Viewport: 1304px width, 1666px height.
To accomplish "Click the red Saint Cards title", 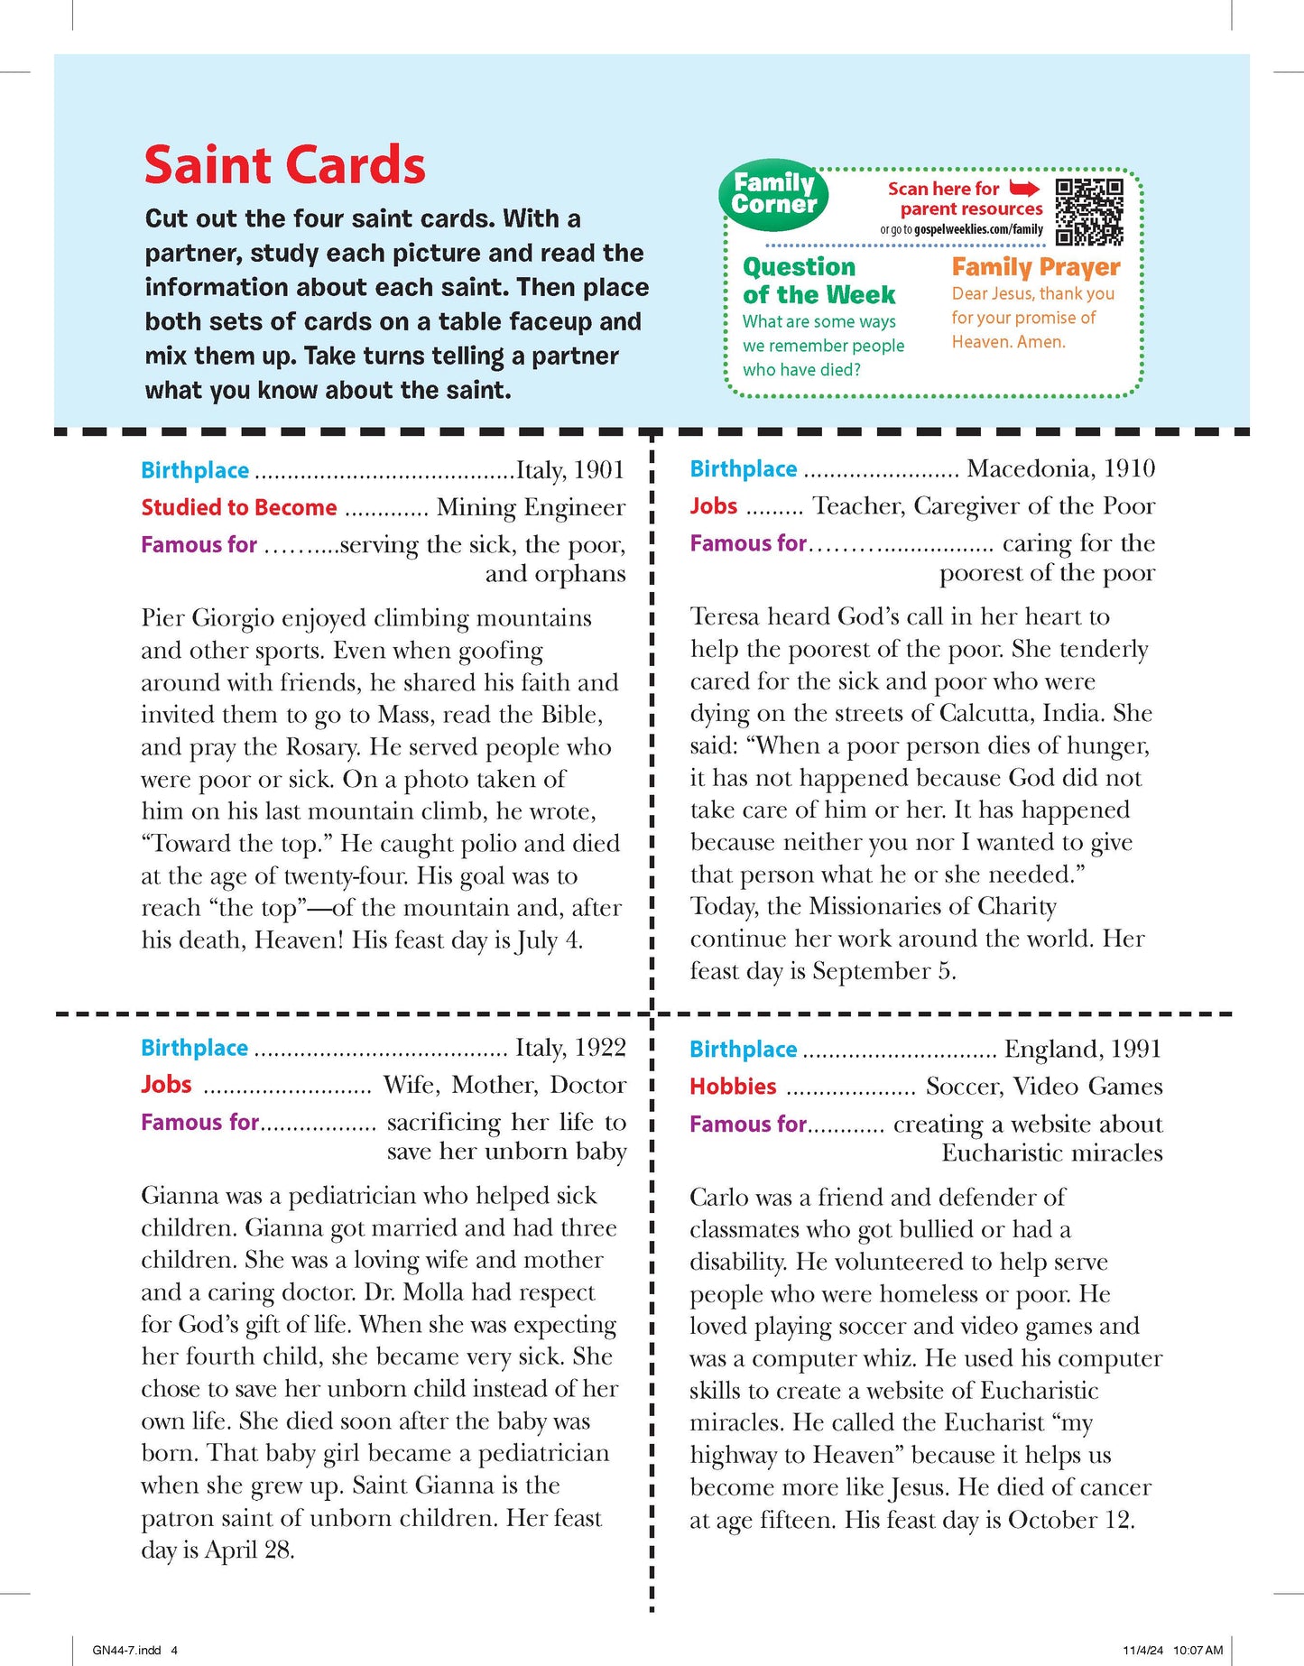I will coord(284,166).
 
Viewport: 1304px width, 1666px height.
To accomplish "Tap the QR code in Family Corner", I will coord(1089,212).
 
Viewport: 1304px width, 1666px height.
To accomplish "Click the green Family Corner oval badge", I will coord(773,194).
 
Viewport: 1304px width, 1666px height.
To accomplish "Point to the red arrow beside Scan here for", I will coord(1024,189).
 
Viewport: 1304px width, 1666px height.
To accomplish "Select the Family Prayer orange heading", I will coord(1035,267).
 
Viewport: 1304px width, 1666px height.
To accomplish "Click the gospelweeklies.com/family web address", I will coord(978,230).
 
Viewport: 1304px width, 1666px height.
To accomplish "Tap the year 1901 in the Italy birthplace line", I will coord(599,470).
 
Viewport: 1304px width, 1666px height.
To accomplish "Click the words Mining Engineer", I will coord(531,508).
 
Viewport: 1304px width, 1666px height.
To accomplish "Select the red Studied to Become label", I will coord(239,508).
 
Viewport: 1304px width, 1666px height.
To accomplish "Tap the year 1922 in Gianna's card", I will coord(600,1048).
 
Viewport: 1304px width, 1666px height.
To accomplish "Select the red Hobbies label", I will coord(733,1087).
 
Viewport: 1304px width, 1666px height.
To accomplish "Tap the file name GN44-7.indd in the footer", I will coord(127,1651).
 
